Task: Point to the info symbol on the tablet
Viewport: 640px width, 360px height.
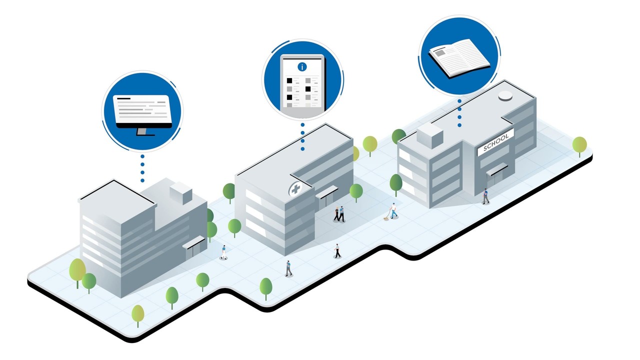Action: point(302,66)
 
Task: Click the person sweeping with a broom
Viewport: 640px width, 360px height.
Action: point(392,211)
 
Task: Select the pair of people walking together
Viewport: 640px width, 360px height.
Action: point(339,213)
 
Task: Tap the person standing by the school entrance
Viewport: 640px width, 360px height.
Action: point(485,196)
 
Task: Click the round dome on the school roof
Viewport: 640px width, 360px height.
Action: point(505,95)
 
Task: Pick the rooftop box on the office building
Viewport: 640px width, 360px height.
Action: point(180,192)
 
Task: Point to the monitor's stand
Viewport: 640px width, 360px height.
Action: point(143,131)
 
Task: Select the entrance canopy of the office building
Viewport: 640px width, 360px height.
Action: point(193,243)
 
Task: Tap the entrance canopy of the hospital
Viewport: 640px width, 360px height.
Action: point(326,191)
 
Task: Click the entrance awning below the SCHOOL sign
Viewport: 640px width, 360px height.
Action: point(497,169)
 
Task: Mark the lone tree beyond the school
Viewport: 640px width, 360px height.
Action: point(579,144)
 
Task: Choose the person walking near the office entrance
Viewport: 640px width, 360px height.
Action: point(224,252)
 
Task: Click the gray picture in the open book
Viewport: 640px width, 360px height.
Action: point(440,51)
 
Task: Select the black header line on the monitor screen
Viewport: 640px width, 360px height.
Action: point(123,98)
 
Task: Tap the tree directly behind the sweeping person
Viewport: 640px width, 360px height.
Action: point(396,183)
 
